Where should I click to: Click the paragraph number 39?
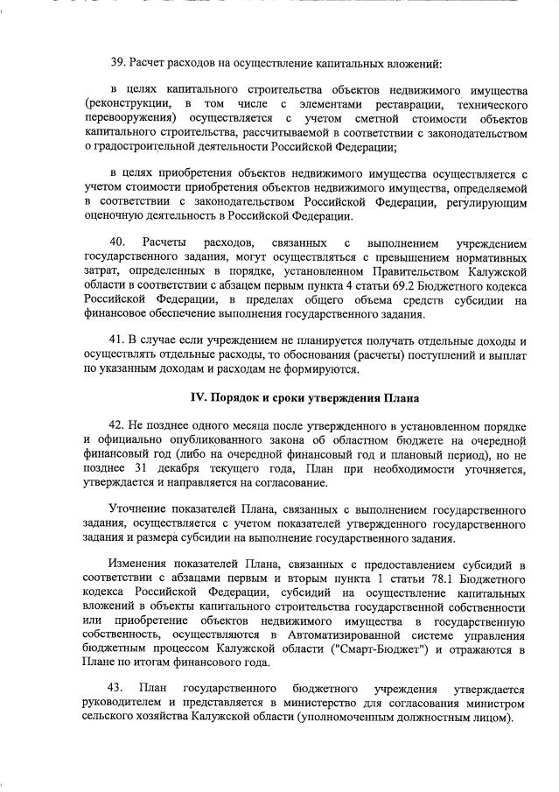117,65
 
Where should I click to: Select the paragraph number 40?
115,242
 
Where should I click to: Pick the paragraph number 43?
115,689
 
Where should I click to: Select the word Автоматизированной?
339,634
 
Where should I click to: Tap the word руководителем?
123,704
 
